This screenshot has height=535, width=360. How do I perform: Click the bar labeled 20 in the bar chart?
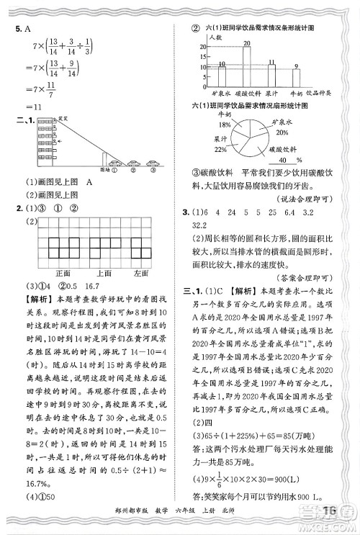pos(246,66)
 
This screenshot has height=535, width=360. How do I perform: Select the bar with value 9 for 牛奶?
pos(297,78)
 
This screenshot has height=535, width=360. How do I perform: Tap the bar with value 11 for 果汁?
pos(271,76)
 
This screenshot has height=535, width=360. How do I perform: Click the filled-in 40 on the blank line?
pos(286,160)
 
